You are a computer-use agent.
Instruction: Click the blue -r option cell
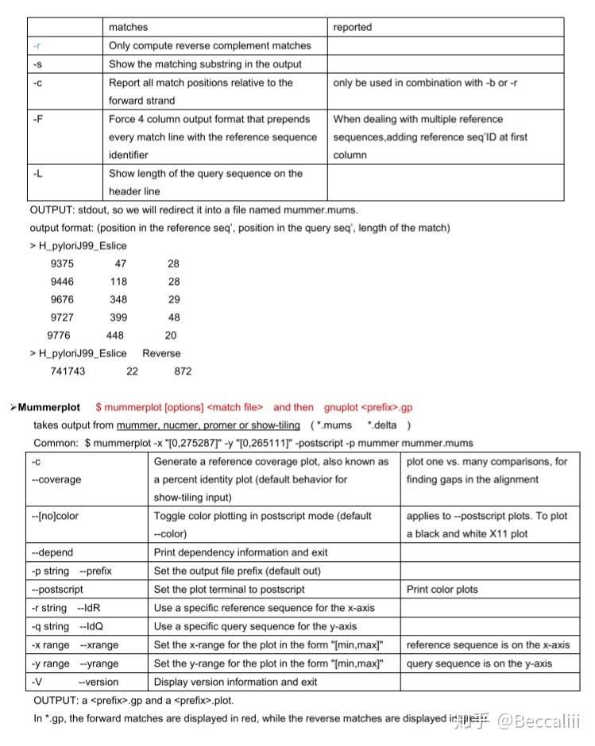click(x=37, y=46)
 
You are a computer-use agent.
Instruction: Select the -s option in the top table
click(x=37, y=64)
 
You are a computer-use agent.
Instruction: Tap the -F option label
click(x=37, y=119)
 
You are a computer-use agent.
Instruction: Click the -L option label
click(x=37, y=173)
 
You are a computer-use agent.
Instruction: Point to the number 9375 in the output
click(x=62, y=263)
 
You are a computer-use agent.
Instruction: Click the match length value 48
click(x=174, y=317)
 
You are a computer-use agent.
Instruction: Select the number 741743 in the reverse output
click(x=68, y=371)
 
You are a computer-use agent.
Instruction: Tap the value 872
click(x=183, y=371)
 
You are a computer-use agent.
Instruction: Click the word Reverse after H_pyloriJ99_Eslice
click(x=161, y=353)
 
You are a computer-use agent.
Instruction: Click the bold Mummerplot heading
click(x=49, y=407)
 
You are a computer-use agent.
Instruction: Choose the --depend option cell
click(x=52, y=552)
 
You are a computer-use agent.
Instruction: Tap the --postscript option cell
click(x=57, y=590)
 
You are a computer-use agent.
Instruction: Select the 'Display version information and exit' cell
click(x=235, y=682)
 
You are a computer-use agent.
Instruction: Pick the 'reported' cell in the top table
click(x=353, y=28)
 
